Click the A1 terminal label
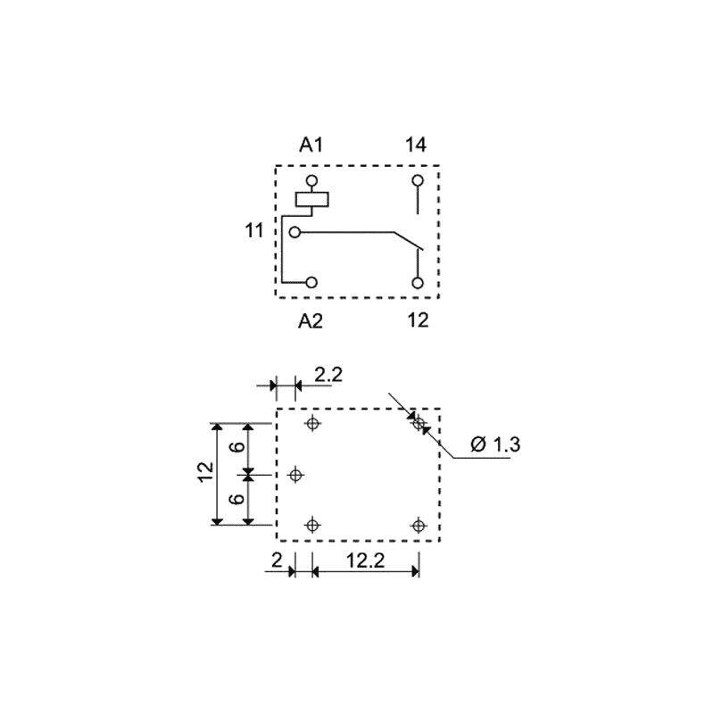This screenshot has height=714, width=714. (x=311, y=145)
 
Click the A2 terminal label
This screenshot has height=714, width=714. (x=311, y=321)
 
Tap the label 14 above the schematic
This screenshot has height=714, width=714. (x=416, y=145)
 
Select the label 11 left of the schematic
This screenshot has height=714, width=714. (x=254, y=230)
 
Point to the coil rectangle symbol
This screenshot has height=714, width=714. (x=311, y=199)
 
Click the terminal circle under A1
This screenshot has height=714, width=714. (x=311, y=181)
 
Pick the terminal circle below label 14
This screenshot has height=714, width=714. (x=418, y=181)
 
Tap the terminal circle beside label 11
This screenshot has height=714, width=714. (x=295, y=232)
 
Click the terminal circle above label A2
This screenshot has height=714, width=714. (x=311, y=282)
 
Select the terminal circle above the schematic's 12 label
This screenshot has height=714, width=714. (x=418, y=283)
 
